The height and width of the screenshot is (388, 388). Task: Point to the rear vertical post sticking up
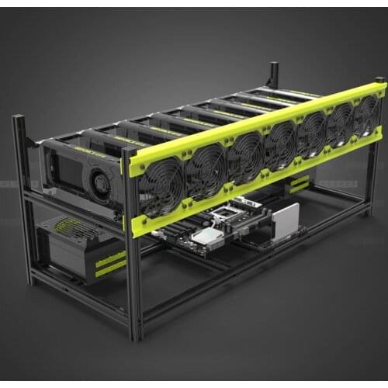273,76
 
